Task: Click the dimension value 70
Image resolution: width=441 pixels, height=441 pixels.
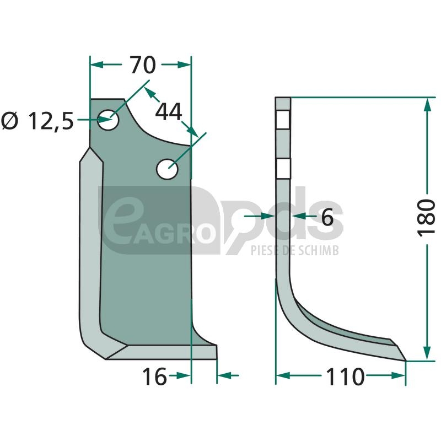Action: tap(143, 65)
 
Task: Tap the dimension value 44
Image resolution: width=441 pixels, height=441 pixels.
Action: tap(169, 112)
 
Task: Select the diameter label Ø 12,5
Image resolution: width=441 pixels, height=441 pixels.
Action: tap(37, 121)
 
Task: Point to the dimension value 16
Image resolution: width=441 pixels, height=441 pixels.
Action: tap(154, 377)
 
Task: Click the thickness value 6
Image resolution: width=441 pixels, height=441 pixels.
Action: tap(327, 217)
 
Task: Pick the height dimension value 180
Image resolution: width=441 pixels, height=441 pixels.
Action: tap(426, 218)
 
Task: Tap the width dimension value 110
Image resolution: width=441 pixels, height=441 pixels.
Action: tap(345, 377)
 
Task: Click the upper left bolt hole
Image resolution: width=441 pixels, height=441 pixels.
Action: tap(108, 120)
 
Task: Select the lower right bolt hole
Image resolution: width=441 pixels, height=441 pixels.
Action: tap(168, 169)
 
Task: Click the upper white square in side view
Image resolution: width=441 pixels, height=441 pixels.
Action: tap(283, 120)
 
